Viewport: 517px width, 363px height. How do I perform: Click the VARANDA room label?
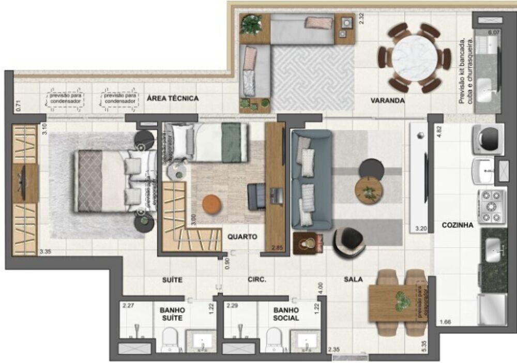coord(387,100)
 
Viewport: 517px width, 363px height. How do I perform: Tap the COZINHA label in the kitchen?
coord(458,225)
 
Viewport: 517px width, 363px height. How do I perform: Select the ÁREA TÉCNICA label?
coord(173,98)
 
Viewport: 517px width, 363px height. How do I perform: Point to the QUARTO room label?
coord(242,237)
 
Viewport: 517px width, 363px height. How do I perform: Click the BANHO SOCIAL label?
coord(286,314)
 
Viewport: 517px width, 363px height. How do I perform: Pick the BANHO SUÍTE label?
coord(172,314)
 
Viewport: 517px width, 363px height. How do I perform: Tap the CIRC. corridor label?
coord(257,280)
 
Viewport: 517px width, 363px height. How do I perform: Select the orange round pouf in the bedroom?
coord(211,204)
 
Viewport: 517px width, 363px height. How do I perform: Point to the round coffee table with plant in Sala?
coord(369,190)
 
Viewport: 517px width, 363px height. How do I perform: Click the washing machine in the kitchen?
coord(489,137)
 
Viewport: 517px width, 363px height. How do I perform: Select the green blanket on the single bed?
coord(231,142)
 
